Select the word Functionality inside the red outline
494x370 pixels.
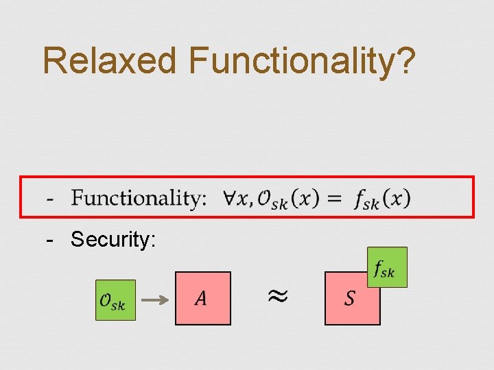click(x=139, y=199)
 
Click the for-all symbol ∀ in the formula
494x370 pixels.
click(x=231, y=198)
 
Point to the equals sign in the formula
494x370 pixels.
click(x=334, y=199)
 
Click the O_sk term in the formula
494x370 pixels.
click(x=272, y=200)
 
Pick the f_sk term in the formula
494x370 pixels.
click(x=367, y=200)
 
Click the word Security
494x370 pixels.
click(x=114, y=239)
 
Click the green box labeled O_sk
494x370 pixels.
click(x=115, y=300)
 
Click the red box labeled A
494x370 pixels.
click(x=202, y=298)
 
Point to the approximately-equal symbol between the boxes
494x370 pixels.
click(x=277, y=296)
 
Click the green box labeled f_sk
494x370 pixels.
click(x=387, y=267)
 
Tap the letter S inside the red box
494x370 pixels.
click(x=350, y=299)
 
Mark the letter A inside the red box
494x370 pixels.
click(x=201, y=298)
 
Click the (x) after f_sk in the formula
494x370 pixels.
click(x=397, y=199)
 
